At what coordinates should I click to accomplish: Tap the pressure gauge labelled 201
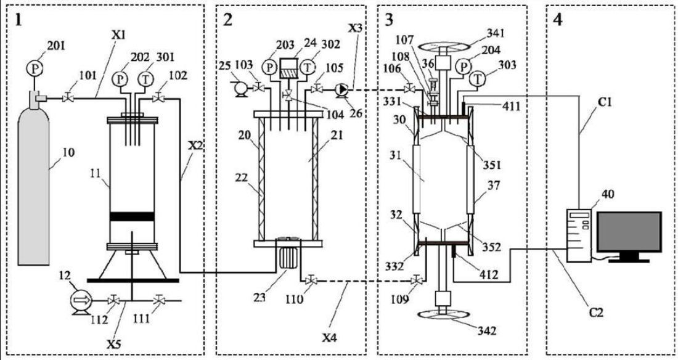point(33,68)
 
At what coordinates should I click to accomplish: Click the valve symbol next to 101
point(67,98)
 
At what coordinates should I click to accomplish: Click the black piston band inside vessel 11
point(133,216)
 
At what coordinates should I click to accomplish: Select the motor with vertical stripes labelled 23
point(286,258)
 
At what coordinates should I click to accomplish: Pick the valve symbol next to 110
point(310,281)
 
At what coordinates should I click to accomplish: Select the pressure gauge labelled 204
point(464,67)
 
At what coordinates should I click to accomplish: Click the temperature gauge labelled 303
point(477,79)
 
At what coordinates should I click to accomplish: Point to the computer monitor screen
point(629,232)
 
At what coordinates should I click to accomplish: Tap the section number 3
point(389,20)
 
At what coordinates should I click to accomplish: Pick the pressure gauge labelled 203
point(270,68)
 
